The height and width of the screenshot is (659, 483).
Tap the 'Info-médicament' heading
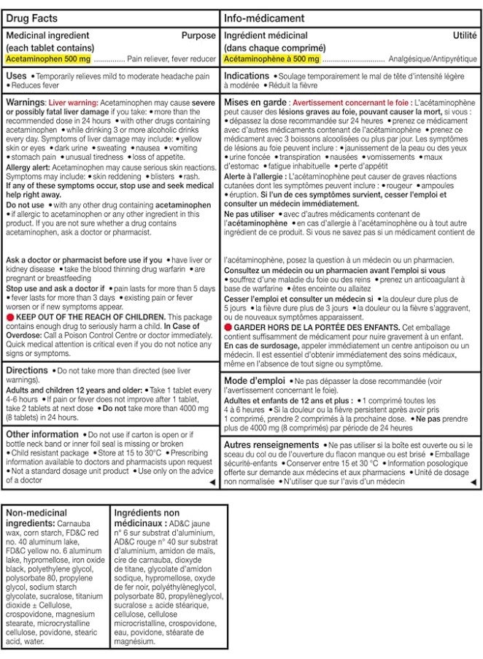(260, 15)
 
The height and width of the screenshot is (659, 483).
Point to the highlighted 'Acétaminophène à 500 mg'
(271, 57)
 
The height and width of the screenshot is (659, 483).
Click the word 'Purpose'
(198, 35)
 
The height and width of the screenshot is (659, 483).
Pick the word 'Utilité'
(464, 35)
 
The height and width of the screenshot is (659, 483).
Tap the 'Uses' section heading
(17, 76)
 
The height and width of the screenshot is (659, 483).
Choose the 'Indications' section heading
(247, 76)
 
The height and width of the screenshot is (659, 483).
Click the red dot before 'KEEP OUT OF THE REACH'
(9, 317)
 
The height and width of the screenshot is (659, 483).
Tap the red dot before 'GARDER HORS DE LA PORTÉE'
(229, 327)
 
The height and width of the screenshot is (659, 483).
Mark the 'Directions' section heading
(27, 370)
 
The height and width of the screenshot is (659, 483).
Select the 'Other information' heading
(42, 433)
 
